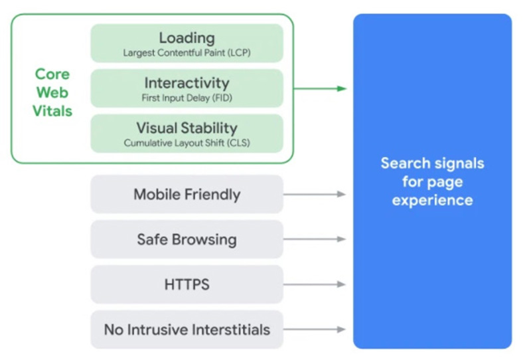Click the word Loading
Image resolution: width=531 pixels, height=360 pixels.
(x=187, y=39)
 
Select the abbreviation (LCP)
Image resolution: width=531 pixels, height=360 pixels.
(x=239, y=53)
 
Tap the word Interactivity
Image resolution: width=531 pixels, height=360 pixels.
(x=187, y=83)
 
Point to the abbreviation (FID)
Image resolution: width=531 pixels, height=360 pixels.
(x=222, y=98)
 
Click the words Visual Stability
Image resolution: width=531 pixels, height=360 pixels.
(x=187, y=128)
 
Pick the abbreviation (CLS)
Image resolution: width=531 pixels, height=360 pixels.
(x=238, y=143)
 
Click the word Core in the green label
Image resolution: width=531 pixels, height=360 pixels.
(x=52, y=74)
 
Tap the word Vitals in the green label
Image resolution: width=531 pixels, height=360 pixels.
(x=52, y=111)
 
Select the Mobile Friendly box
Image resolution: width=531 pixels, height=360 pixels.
(x=187, y=194)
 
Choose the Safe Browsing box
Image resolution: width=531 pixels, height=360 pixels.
(x=187, y=239)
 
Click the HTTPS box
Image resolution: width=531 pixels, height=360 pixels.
(x=187, y=284)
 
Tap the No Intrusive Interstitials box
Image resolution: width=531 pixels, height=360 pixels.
(x=187, y=329)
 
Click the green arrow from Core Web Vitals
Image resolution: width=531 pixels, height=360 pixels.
(x=320, y=88)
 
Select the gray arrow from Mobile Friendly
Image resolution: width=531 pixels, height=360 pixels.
(x=315, y=194)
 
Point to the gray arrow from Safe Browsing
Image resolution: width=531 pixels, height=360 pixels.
(x=315, y=239)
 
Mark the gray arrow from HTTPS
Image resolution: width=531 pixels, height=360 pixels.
(x=315, y=284)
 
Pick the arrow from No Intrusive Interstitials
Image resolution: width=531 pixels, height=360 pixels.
(x=315, y=329)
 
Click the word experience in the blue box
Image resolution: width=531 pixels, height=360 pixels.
(x=433, y=201)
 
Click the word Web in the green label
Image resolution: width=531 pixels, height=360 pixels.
(x=52, y=92)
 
